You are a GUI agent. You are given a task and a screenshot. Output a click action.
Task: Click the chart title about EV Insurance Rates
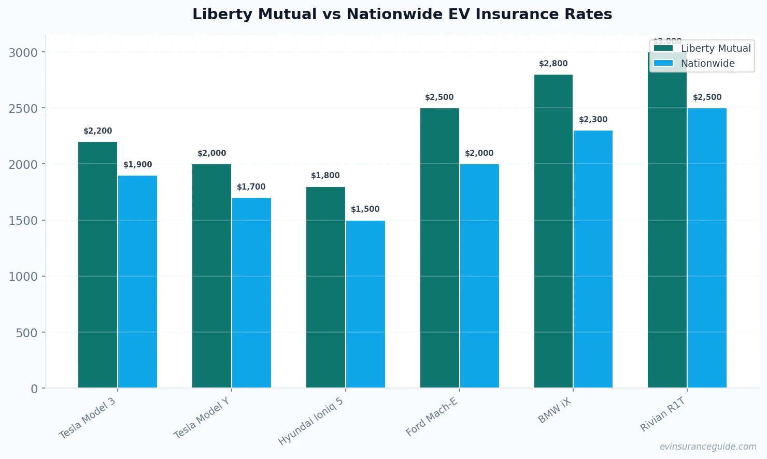pyautogui.click(x=402, y=15)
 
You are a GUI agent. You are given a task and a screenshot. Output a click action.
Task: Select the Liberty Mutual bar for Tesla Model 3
pyautogui.click(x=97, y=265)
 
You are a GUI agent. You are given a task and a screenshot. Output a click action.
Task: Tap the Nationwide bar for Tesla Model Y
pyautogui.click(x=251, y=293)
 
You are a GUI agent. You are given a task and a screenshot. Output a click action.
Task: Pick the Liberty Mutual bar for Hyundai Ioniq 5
pyautogui.click(x=325, y=287)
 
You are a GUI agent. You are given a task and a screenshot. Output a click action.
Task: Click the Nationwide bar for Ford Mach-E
pyautogui.click(x=479, y=276)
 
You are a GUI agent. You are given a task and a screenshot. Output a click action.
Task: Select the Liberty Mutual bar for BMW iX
pyautogui.click(x=553, y=231)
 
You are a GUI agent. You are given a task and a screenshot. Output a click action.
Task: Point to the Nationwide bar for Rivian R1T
pyautogui.click(x=707, y=248)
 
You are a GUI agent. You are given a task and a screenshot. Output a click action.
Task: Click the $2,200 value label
pyautogui.click(x=97, y=131)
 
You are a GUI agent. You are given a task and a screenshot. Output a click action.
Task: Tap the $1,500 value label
pyautogui.click(x=365, y=209)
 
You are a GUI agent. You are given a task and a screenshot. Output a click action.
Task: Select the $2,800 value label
pyautogui.click(x=553, y=64)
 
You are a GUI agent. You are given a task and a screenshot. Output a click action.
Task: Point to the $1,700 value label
pyautogui.click(x=251, y=187)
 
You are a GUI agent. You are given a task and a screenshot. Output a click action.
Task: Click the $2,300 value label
pyautogui.click(x=593, y=120)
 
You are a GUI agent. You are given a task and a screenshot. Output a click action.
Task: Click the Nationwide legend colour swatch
pyautogui.click(x=663, y=63)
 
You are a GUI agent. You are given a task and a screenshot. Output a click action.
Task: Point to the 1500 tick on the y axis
pyautogui.click(x=23, y=221)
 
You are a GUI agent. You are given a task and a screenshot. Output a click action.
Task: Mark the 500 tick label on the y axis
pyautogui.click(x=27, y=333)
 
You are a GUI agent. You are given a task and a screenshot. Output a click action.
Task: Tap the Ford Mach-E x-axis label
pyautogui.click(x=432, y=417)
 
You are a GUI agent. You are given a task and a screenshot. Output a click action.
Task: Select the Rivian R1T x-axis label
pyautogui.click(x=663, y=414)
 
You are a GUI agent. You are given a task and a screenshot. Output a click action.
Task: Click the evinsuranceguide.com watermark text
pyautogui.click(x=708, y=447)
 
